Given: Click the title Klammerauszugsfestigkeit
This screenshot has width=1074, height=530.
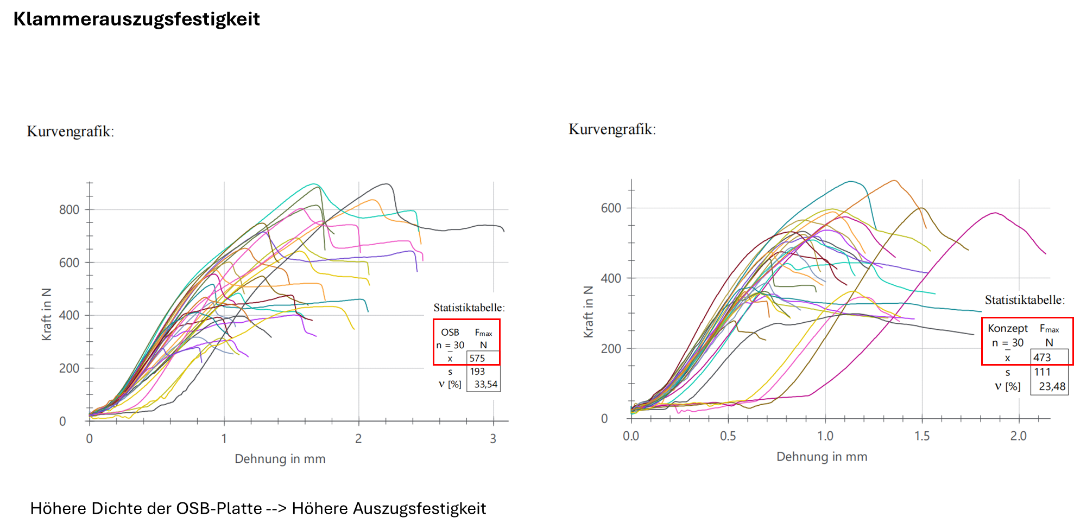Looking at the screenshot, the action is coord(136,20).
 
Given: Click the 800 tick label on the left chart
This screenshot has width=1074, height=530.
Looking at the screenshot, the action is coord(69,210).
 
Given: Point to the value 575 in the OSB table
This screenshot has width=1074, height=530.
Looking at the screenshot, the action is coord(477,358).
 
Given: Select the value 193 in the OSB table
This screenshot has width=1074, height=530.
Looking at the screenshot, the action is coord(477,372).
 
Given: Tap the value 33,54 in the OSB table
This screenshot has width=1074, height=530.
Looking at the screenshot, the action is coord(485,385).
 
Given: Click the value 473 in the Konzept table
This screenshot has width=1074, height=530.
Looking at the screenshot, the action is coord(1042,357).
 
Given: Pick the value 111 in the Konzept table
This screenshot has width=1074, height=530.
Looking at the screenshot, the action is coord(1042,372).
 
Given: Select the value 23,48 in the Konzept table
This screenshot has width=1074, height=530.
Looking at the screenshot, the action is coord(1052,387).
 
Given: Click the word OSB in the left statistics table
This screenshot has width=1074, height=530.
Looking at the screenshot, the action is coord(450,332).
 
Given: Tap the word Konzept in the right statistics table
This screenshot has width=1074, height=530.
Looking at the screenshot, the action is coord(1008,328).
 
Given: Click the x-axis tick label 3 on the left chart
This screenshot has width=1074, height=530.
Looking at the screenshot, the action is coord(493,438).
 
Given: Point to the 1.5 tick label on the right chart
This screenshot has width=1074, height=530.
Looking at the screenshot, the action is coord(922,436).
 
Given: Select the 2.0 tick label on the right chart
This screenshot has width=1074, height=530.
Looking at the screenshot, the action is coord(1019,436).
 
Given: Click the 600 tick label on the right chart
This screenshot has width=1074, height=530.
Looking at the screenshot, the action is coord(611,208).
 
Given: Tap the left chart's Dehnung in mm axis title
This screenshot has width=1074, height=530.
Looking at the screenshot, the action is coord(280,459).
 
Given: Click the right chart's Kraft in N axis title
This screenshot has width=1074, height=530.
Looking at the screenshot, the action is coord(588,311).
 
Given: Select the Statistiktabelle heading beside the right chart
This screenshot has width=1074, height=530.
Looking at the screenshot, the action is coord(1025,300).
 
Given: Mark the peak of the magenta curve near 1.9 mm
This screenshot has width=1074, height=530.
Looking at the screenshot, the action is coord(995,213).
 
